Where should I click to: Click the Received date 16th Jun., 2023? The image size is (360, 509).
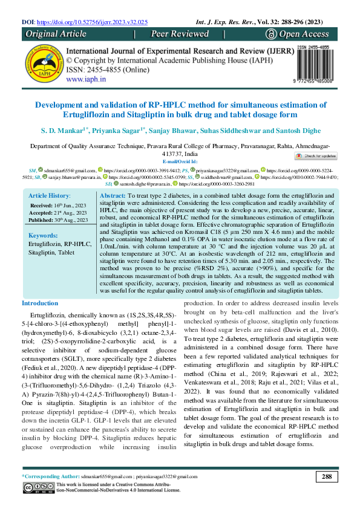click(58, 206)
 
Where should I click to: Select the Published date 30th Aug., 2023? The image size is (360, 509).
click(59, 220)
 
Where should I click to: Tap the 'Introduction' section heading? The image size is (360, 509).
click(40, 303)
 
